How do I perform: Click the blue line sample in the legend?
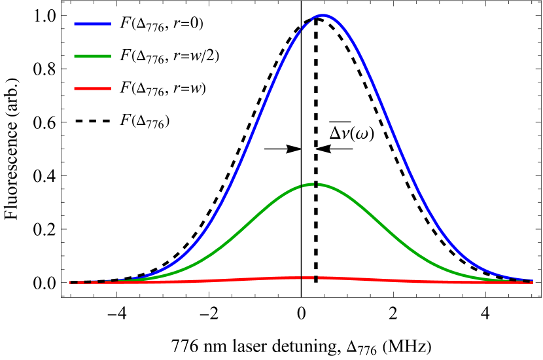point(92,24)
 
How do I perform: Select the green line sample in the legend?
point(92,56)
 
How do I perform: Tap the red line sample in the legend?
point(92,88)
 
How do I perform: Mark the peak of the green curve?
point(313,185)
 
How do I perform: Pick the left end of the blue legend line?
point(75,24)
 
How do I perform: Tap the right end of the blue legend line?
point(110,24)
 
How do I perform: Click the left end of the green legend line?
point(75,56)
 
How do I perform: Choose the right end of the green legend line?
point(110,56)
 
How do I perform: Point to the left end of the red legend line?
point(75,88)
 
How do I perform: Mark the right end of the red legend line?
point(110,88)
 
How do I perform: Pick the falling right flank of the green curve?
point(386,229)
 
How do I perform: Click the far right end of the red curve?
point(532,282)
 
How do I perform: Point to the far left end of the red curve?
point(71,282)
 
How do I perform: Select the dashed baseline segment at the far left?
point(88,282)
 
